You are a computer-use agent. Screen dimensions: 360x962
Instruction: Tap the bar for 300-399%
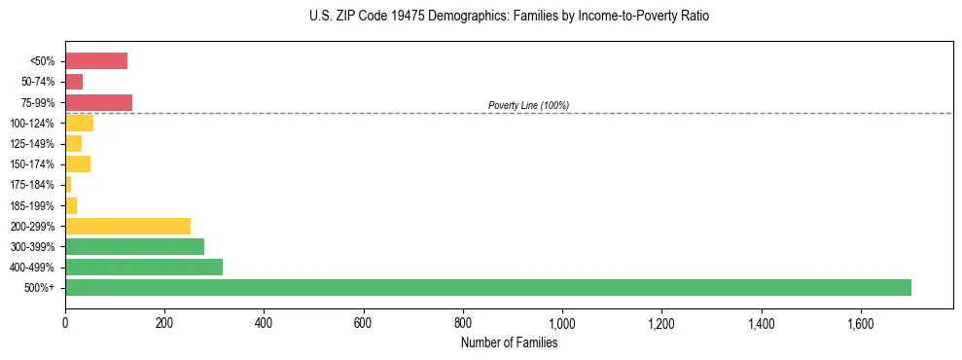[134, 246]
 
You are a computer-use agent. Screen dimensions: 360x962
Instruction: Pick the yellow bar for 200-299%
[127, 226]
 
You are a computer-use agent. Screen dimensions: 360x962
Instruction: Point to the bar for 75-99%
[98, 102]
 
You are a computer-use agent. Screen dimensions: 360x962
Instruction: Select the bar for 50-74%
[74, 82]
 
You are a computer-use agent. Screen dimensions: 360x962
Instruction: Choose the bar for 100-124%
[79, 123]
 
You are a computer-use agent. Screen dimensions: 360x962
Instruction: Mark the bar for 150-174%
[78, 163]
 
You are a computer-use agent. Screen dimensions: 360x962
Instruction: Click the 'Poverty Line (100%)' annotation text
[528, 105]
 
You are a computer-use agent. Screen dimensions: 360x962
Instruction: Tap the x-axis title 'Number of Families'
[509, 342]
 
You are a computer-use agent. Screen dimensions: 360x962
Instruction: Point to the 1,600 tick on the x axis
[861, 323]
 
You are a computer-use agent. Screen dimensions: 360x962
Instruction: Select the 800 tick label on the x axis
[463, 323]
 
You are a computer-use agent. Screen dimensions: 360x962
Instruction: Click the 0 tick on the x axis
[65, 323]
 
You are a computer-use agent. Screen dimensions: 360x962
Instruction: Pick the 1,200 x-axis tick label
[661, 323]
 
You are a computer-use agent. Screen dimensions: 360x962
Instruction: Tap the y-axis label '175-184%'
[33, 185]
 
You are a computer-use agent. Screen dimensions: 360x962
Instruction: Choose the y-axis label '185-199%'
[33, 205]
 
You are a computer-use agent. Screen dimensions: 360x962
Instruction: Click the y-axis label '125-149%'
[33, 144]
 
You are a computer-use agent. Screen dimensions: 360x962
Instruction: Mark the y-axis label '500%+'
[40, 288]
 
